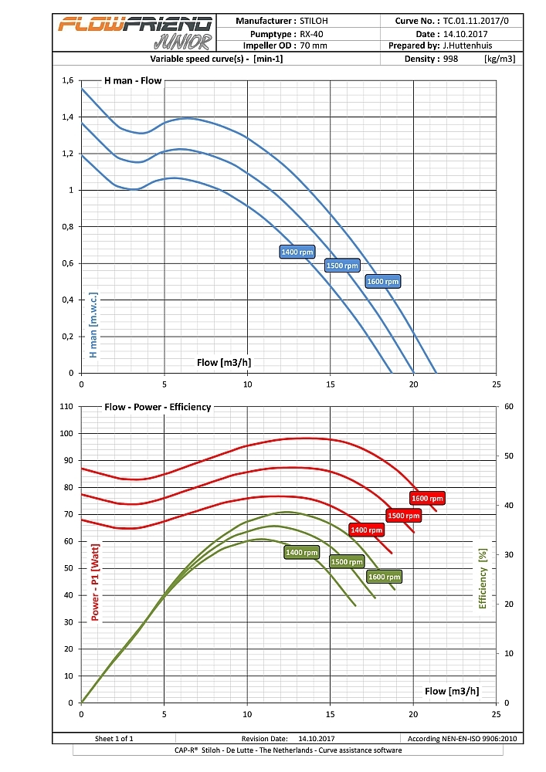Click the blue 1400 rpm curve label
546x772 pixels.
pyautogui.click(x=297, y=252)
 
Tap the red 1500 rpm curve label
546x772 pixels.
pyautogui.click(x=403, y=515)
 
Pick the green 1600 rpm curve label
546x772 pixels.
pyautogui.click(x=384, y=577)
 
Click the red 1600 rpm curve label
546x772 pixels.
pyautogui.click(x=428, y=499)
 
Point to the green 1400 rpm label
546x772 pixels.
pyautogui.click(x=301, y=552)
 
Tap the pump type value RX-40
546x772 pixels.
pyautogui.click(x=313, y=34)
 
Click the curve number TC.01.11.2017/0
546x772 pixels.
pyautogui.click(x=476, y=22)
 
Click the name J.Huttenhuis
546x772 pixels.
pyautogui.click(x=468, y=46)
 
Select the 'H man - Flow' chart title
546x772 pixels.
pyautogui.click(x=133, y=80)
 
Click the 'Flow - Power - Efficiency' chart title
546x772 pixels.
pyautogui.click(x=158, y=407)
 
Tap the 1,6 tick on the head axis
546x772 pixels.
pyautogui.click(x=67, y=80)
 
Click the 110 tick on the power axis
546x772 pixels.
pyautogui.click(x=65, y=407)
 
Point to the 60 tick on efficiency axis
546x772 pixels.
pyautogui.click(x=507, y=407)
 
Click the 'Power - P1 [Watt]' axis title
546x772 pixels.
pyautogui.click(x=96, y=582)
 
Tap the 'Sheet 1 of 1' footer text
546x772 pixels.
pyautogui.click(x=114, y=739)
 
